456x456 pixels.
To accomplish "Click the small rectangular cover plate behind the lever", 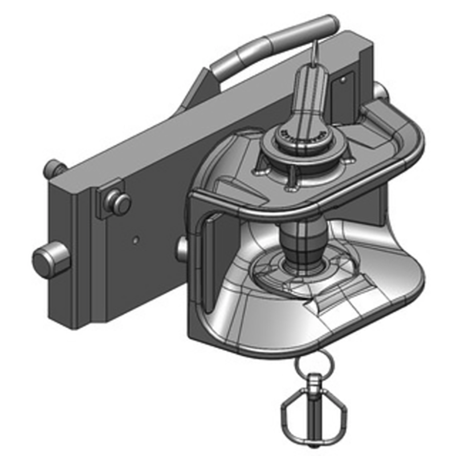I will click(343, 85).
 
